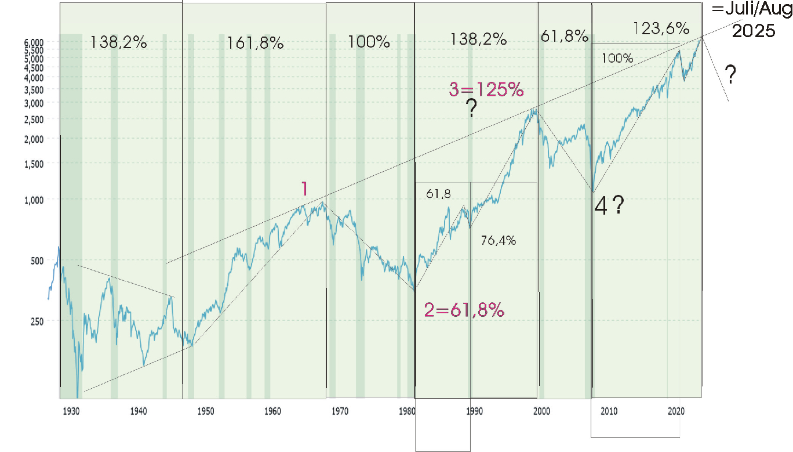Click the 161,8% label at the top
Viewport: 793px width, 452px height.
click(255, 43)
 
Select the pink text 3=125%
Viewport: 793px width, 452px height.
click(486, 91)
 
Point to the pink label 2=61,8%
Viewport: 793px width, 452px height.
click(464, 310)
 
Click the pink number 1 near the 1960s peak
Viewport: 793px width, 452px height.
click(304, 189)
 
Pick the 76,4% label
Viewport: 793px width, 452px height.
click(499, 240)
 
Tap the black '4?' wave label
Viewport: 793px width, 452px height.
click(609, 206)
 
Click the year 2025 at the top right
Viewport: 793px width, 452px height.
click(754, 31)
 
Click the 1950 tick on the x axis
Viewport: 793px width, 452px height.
click(205, 411)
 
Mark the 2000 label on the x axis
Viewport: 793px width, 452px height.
click(541, 411)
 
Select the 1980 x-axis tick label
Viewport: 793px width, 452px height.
click(407, 411)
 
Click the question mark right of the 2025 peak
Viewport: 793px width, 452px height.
click(731, 75)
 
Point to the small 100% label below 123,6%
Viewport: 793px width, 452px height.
click(617, 59)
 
